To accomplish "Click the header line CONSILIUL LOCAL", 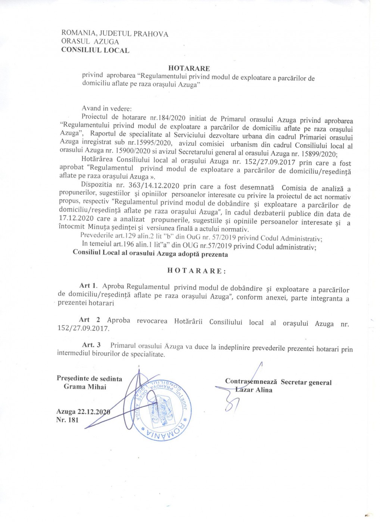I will [95, 50].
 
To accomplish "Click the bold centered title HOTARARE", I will [189, 68].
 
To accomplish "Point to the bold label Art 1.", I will [88, 286].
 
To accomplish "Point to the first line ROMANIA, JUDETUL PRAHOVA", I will [115, 34].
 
